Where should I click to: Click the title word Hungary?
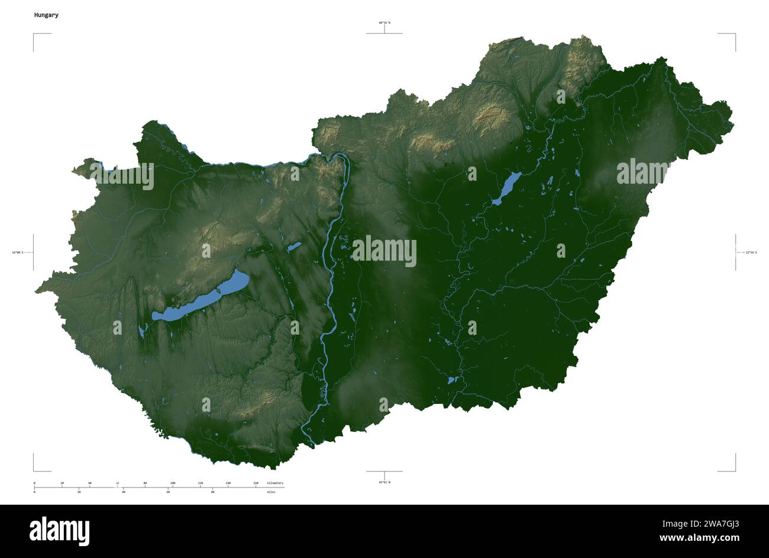(x=46, y=15)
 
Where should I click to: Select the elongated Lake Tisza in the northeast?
(x=506, y=188)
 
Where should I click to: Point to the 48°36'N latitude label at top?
(x=384, y=23)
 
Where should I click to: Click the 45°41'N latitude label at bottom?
(x=384, y=482)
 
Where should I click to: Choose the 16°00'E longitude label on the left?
(x=18, y=253)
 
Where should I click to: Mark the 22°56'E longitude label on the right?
(x=751, y=253)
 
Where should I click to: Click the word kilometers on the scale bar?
(x=275, y=483)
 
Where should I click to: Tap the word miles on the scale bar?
(x=271, y=492)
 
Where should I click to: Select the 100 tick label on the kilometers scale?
(x=173, y=483)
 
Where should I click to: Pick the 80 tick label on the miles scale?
(x=212, y=492)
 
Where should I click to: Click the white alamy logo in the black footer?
(x=59, y=531)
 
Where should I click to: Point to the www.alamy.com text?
(x=699, y=538)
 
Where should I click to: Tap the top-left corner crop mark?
(x=34, y=35)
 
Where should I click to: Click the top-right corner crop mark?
(x=734, y=35)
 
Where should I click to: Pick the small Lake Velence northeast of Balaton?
(x=295, y=246)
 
